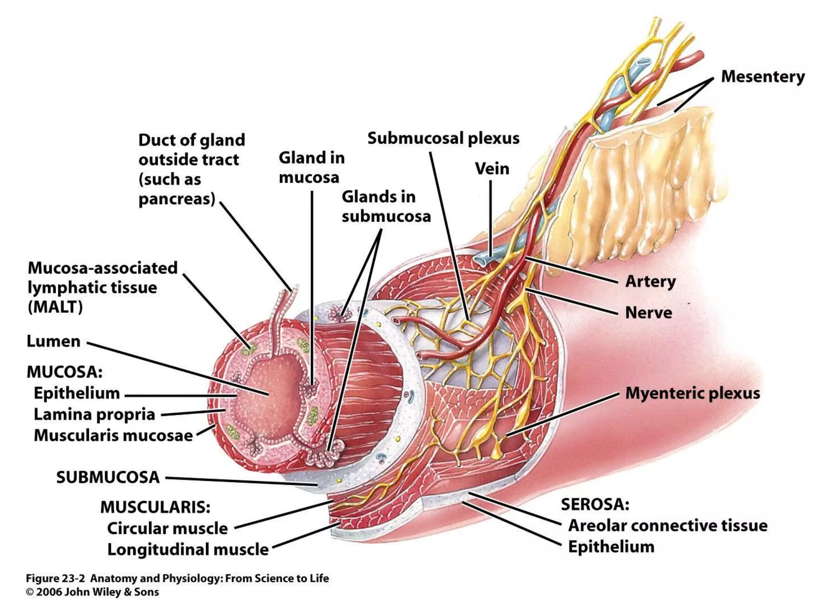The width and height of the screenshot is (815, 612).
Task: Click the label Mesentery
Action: coord(762,76)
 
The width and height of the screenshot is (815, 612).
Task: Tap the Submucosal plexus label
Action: coord(443,138)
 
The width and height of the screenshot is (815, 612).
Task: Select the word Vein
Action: coord(492,169)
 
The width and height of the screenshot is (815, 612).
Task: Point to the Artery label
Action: coord(650,281)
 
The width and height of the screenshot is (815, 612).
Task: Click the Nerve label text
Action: coord(648,313)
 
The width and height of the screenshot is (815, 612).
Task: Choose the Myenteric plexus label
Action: coord(692,393)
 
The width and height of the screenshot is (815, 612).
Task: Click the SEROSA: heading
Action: coord(595,504)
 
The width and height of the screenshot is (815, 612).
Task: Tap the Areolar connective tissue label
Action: coord(668,526)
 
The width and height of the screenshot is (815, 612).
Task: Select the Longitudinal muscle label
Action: coord(188,549)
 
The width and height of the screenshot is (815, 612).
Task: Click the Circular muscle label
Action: coord(167,528)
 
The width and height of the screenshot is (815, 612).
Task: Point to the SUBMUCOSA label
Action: coord(107,477)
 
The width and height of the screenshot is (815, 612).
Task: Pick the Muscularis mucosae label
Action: coord(113,435)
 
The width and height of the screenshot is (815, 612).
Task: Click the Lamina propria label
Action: coord(94,414)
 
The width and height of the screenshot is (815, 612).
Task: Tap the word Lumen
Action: coord(53,341)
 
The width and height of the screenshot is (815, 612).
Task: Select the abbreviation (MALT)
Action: coord(55,307)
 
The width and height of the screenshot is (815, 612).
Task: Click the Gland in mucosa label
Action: coord(311,167)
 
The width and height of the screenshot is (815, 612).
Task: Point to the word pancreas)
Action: coord(177,198)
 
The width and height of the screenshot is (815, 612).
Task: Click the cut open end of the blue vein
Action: coord(482,260)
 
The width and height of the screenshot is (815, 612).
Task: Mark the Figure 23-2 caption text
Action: coord(177,578)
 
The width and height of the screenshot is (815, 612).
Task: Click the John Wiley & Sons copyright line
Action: coord(92,592)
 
